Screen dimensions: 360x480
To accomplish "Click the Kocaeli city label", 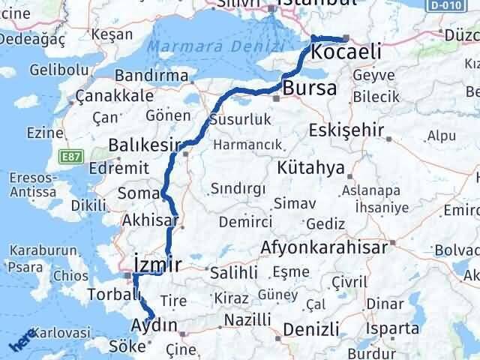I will point(345,52).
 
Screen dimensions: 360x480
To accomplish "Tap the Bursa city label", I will point(310,88).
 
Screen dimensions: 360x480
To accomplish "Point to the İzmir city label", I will point(156,263).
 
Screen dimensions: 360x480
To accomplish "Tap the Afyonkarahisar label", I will point(325,247).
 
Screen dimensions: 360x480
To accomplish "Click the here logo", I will point(23,340).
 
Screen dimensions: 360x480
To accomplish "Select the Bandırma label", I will point(152,76).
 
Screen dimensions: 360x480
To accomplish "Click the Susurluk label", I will point(239,118).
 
